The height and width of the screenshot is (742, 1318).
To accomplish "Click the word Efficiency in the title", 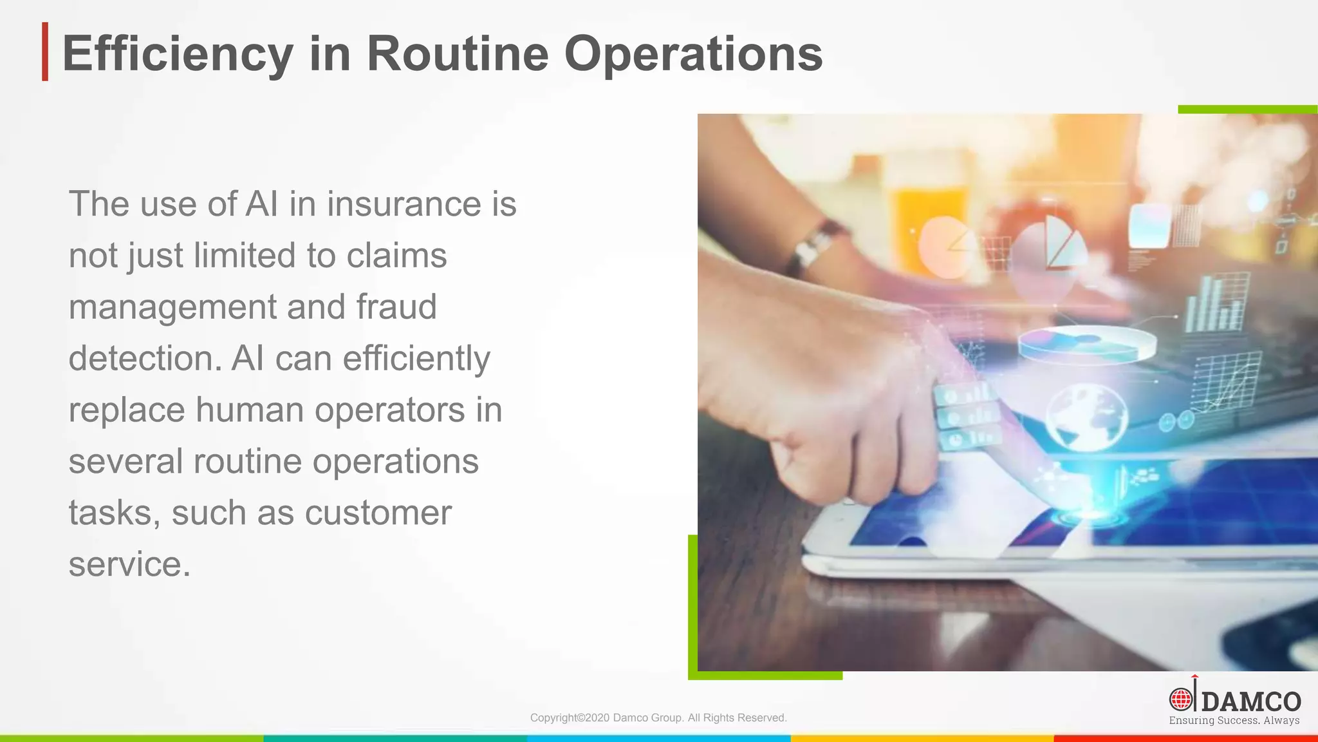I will [178, 54].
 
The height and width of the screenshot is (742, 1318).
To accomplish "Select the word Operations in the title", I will [693, 54].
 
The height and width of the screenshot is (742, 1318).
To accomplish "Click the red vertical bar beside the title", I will [45, 52].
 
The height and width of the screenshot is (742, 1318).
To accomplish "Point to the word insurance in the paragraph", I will [404, 204].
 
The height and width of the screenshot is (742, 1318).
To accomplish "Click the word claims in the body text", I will [396, 256].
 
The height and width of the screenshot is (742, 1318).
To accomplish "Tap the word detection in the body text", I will [145, 358].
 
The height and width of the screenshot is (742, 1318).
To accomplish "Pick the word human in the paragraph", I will [250, 410].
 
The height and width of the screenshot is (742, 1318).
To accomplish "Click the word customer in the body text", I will [378, 513].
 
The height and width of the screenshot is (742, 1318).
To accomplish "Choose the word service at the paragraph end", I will [129, 564].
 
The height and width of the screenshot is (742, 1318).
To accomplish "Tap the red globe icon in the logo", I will [1180, 699].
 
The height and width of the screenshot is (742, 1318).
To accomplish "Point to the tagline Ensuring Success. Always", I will [1234, 721].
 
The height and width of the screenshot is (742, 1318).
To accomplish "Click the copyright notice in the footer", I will [658, 718].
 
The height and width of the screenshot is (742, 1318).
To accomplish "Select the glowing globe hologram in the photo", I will [1086, 415].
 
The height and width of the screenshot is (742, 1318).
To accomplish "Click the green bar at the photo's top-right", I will [1247, 109].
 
